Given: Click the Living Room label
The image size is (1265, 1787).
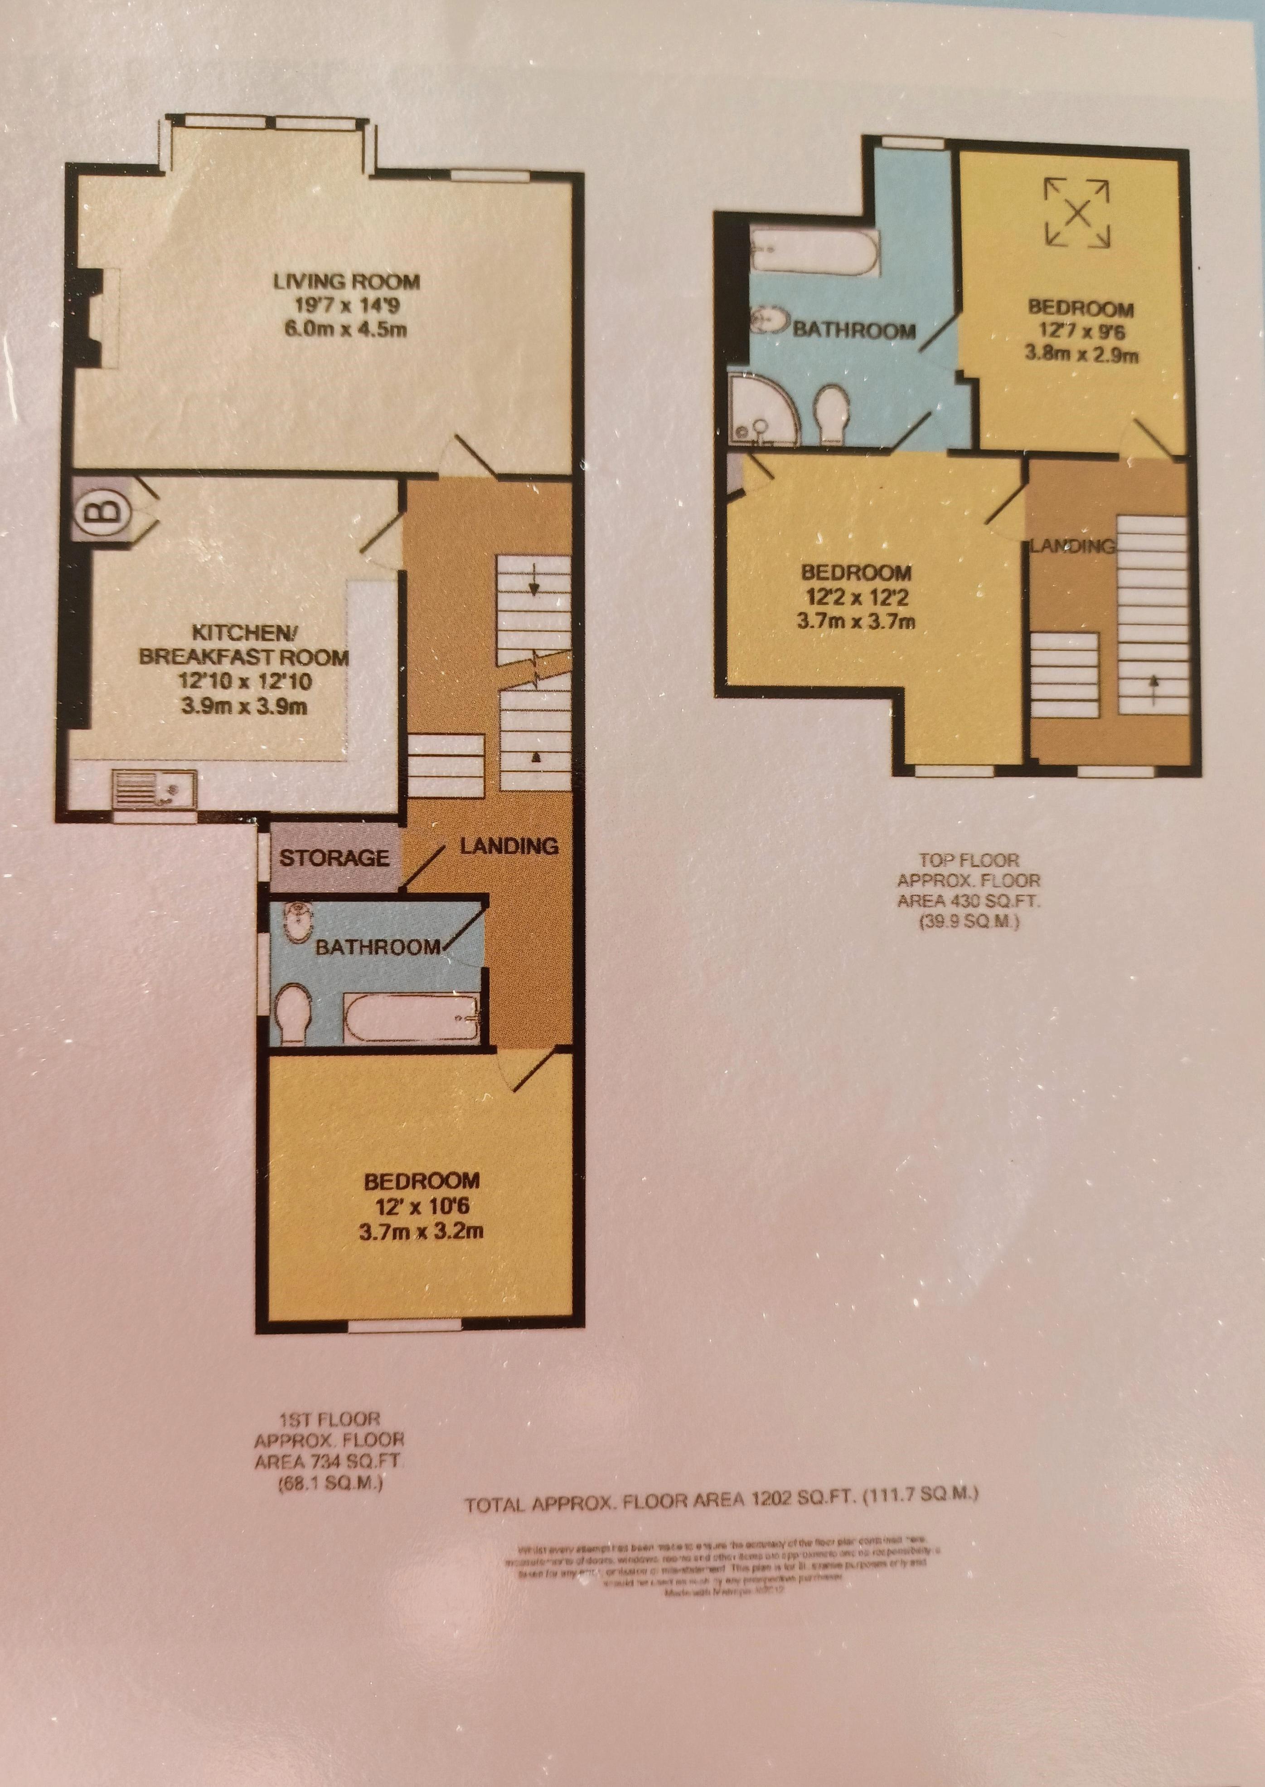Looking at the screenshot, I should (347, 281).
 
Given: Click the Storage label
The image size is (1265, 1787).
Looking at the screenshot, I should (334, 858).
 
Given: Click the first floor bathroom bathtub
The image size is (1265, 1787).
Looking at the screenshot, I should (413, 1017).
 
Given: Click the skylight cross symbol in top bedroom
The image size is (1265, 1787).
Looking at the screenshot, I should (1077, 211).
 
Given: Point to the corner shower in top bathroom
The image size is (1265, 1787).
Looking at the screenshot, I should (760, 411).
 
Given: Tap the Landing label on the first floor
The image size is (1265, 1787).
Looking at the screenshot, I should (509, 845).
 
